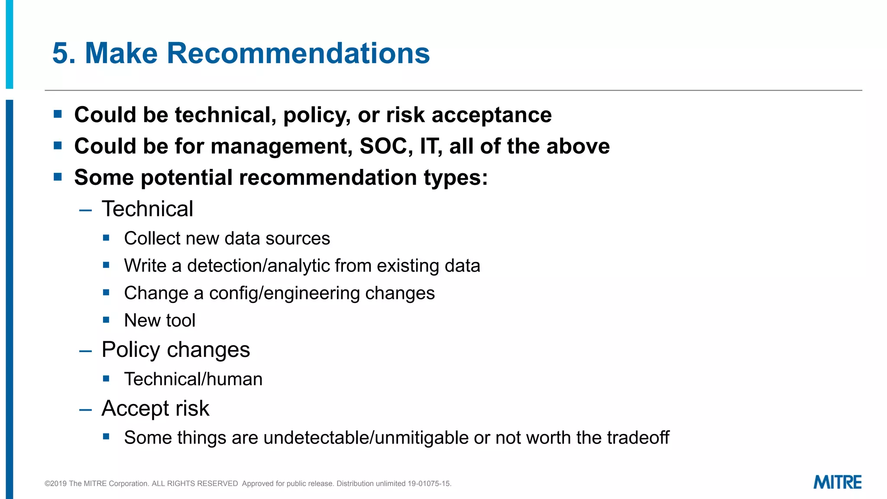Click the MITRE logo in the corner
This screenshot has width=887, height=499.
tap(837, 482)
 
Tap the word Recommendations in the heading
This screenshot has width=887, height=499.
tap(298, 53)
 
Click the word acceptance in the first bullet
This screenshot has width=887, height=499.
tap(492, 115)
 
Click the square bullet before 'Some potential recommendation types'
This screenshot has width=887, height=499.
tap(58, 177)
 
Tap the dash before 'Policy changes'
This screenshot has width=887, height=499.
tap(86, 351)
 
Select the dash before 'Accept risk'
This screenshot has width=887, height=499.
tap(86, 409)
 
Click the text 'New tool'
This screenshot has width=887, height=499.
tap(159, 321)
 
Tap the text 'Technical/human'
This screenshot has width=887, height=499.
tap(193, 379)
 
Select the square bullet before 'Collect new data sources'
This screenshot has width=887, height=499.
tap(106, 237)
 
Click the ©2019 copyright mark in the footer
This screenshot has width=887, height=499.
tap(56, 483)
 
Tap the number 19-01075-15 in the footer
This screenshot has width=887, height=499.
tap(429, 483)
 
